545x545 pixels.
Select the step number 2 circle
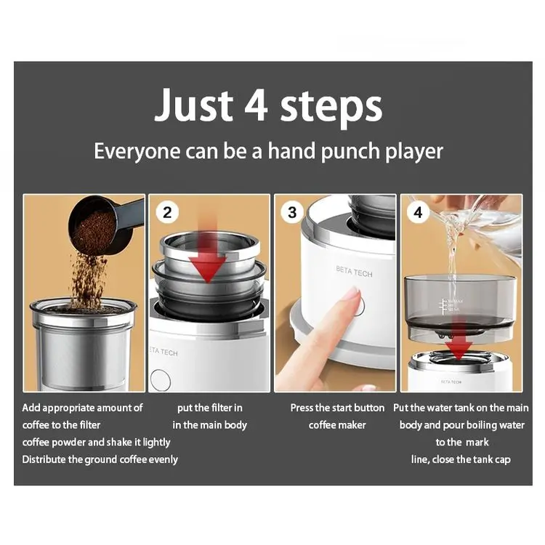pos(168,212)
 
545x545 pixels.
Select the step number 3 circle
pos(293,212)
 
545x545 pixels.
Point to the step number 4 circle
pos(418,213)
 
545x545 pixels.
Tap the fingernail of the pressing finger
pos(352,294)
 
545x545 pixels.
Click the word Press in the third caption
pos(304,408)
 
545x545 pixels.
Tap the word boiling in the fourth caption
pos(480,424)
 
